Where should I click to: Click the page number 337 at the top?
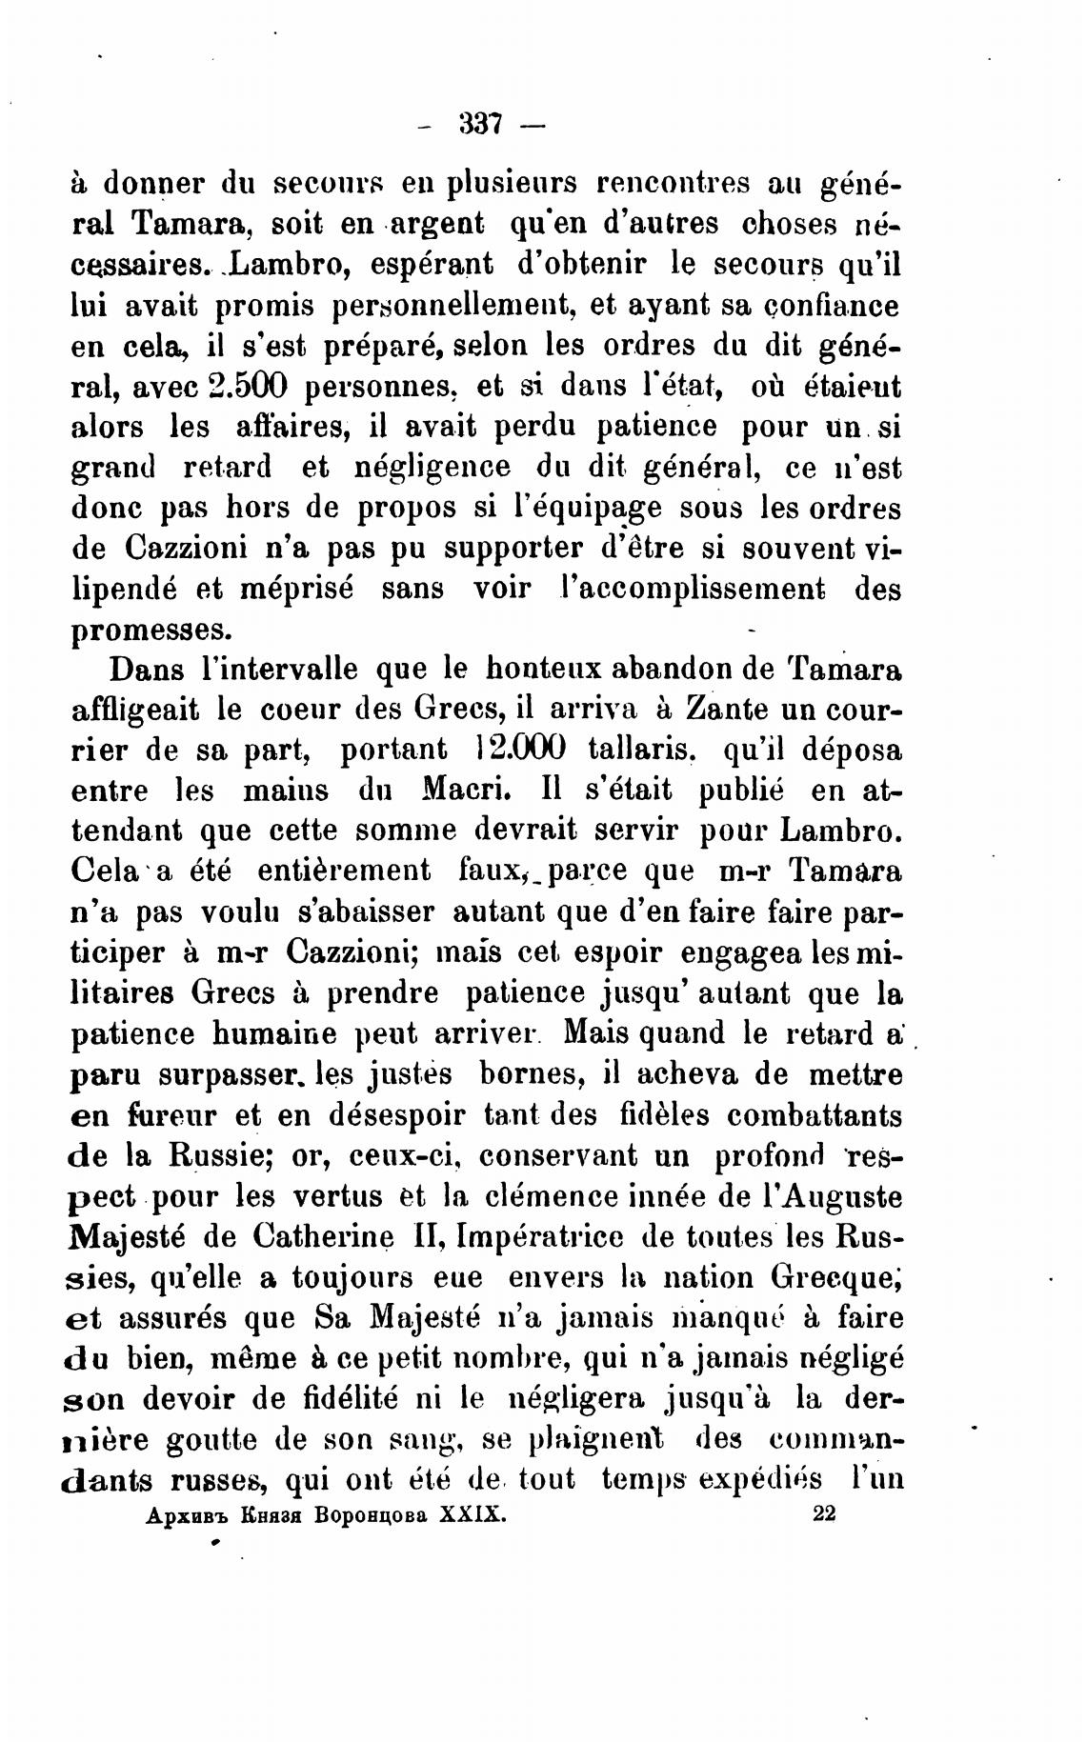coord(480,124)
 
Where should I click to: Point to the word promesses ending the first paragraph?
coord(151,630)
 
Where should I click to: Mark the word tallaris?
coord(643,749)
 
